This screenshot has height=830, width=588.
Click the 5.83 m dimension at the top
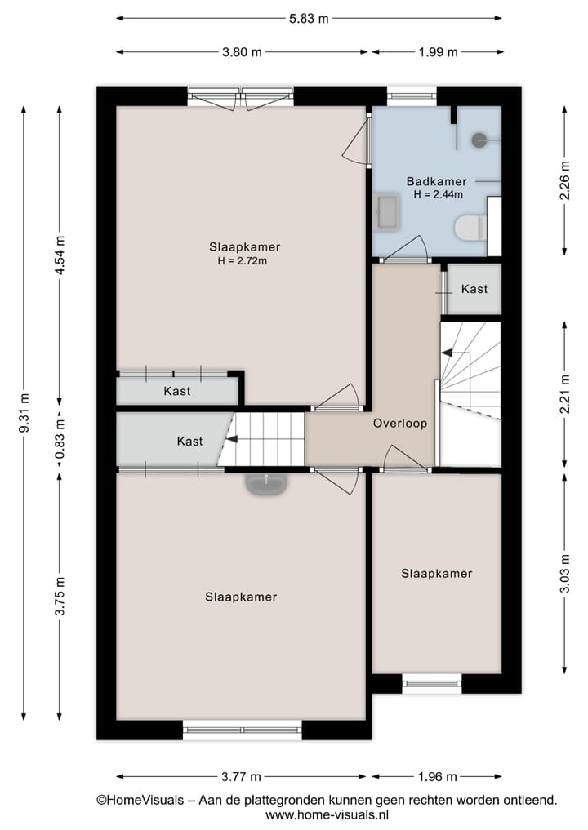(x=309, y=18)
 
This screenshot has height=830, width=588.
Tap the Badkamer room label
(x=436, y=181)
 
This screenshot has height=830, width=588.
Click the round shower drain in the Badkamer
(x=479, y=140)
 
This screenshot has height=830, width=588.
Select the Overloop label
(x=399, y=424)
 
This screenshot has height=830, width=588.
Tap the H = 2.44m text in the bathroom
(x=438, y=195)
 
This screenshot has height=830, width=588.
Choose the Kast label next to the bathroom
(x=474, y=289)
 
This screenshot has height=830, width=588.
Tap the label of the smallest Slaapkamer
(x=436, y=574)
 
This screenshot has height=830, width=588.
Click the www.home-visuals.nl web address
(x=327, y=814)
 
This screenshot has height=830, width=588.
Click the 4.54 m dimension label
(x=59, y=255)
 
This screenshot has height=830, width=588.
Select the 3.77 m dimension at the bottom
(x=242, y=776)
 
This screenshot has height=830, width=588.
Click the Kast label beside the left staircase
(x=189, y=441)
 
